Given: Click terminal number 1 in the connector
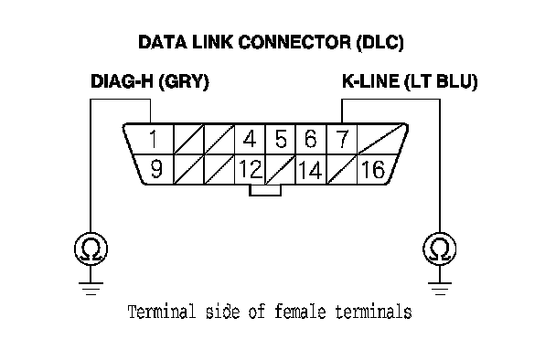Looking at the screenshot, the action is coord(154,139).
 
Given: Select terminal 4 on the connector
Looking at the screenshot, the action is coord(250,139).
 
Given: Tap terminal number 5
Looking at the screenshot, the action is coord(281,139).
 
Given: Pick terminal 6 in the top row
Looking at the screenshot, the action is coord(311,139).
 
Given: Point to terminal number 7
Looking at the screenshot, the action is coord(342,139).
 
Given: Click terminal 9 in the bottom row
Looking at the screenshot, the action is coord(156,169).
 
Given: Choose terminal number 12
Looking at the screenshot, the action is coord(251,169).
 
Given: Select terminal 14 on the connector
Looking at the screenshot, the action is coord(311,170).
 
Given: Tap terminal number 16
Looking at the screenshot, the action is coord(373,169).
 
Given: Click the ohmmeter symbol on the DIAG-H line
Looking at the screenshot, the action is coord(91,249).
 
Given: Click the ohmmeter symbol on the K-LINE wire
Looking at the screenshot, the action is coord(440,249).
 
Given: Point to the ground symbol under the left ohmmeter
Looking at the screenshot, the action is coord(91,289).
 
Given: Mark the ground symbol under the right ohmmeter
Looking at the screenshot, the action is coord(440,289).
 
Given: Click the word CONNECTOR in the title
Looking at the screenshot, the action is coord(294,43).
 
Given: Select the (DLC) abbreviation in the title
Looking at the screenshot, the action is coord(380,43).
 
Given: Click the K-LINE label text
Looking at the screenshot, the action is coord(370,81).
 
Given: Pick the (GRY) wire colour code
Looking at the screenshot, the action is coord(184,82).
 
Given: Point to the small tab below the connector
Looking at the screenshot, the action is coord(265,190).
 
